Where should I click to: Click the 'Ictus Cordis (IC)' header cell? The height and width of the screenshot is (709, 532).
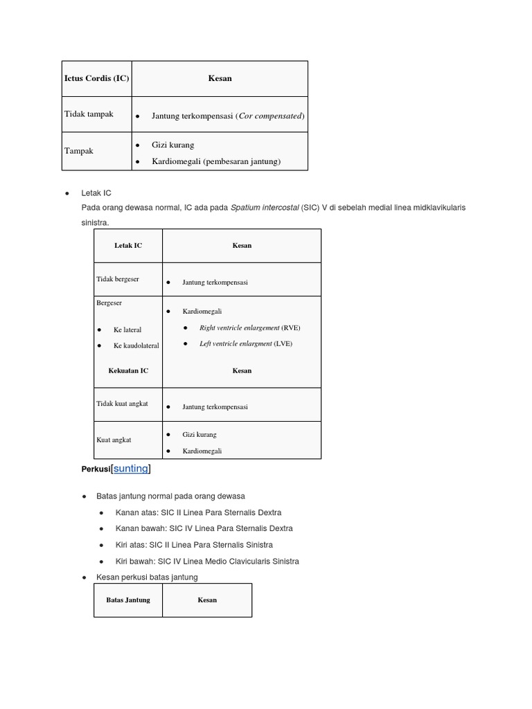[x=96, y=78]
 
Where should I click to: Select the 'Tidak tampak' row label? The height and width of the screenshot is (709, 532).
[x=89, y=114]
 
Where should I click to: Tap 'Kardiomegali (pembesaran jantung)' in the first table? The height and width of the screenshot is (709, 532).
[x=215, y=161]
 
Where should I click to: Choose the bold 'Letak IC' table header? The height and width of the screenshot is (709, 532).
[x=128, y=246]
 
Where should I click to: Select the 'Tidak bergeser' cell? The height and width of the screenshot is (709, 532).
[x=118, y=279]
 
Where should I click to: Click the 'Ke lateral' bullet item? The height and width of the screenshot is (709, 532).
[x=127, y=330]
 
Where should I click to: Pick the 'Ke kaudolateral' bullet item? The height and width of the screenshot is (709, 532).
[x=136, y=345]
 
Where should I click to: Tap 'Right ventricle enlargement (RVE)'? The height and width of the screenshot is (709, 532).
[x=249, y=327]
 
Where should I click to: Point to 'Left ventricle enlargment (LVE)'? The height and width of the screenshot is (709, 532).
[x=245, y=343]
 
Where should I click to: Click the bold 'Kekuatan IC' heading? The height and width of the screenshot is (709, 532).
[x=128, y=370]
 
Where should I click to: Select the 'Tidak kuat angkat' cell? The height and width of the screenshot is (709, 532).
[x=122, y=404]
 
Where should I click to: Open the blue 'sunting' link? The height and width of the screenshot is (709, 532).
[x=131, y=469]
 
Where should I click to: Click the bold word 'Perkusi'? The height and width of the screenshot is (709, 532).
[x=96, y=469]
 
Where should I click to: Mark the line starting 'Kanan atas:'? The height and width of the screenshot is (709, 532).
[x=198, y=512]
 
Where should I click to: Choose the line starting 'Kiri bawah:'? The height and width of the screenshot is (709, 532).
[x=206, y=561]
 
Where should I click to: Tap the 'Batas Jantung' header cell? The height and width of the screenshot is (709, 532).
[x=128, y=600]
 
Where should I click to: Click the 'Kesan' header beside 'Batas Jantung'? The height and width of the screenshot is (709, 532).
[x=207, y=600]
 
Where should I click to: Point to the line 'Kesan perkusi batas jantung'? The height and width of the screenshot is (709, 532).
[x=147, y=577]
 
